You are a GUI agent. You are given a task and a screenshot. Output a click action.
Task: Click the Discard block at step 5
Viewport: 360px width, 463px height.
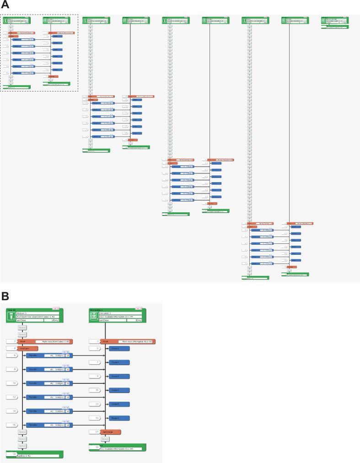[118, 348]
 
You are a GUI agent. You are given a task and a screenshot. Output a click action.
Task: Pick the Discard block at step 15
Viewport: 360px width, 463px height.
[118, 418]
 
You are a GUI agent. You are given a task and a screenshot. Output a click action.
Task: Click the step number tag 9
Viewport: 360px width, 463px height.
[97, 376]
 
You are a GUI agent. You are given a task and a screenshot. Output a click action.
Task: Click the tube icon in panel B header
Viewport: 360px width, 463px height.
[11, 316]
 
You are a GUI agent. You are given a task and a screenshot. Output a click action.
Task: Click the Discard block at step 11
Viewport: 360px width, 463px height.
[118, 390]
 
